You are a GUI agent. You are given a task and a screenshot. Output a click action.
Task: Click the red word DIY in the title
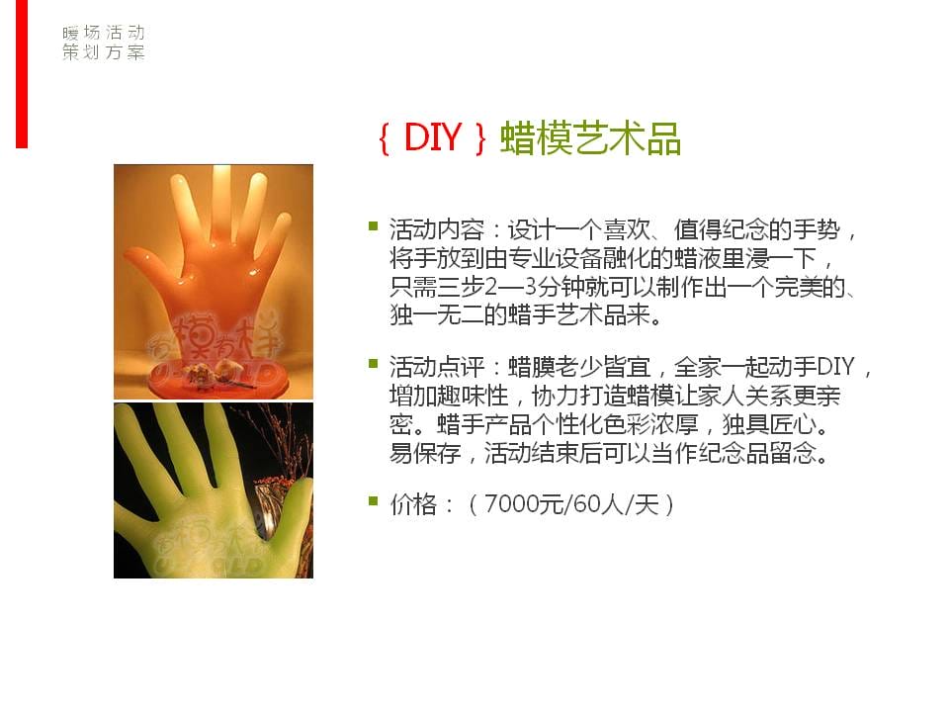pyautogui.click(x=433, y=136)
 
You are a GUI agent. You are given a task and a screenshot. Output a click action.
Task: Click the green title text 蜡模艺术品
pyautogui.click(x=591, y=138)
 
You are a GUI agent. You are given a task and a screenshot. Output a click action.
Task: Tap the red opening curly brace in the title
pyautogui.click(x=384, y=138)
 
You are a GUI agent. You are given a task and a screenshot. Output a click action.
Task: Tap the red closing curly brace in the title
pyautogui.click(x=481, y=138)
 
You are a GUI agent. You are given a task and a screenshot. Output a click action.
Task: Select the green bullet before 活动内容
pyautogui.click(x=374, y=226)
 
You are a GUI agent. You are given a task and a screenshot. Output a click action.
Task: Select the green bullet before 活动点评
pyautogui.click(x=374, y=363)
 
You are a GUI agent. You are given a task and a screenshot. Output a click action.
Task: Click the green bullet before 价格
pyautogui.click(x=374, y=500)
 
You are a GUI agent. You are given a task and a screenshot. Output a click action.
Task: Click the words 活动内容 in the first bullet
pyautogui.click(x=437, y=230)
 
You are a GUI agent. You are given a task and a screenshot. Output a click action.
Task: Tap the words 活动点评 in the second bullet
pyautogui.click(x=437, y=367)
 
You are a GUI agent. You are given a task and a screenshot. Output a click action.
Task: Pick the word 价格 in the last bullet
pyautogui.click(x=413, y=503)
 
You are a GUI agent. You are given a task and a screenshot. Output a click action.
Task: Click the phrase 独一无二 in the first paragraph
pyautogui.click(x=437, y=314)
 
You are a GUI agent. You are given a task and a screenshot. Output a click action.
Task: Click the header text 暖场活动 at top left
pyautogui.click(x=104, y=32)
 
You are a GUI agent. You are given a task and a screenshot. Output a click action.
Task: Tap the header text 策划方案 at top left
pyautogui.click(x=104, y=52)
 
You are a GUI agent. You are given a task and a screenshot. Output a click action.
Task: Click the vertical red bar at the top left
pyautogui.click(x=22, y=74)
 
